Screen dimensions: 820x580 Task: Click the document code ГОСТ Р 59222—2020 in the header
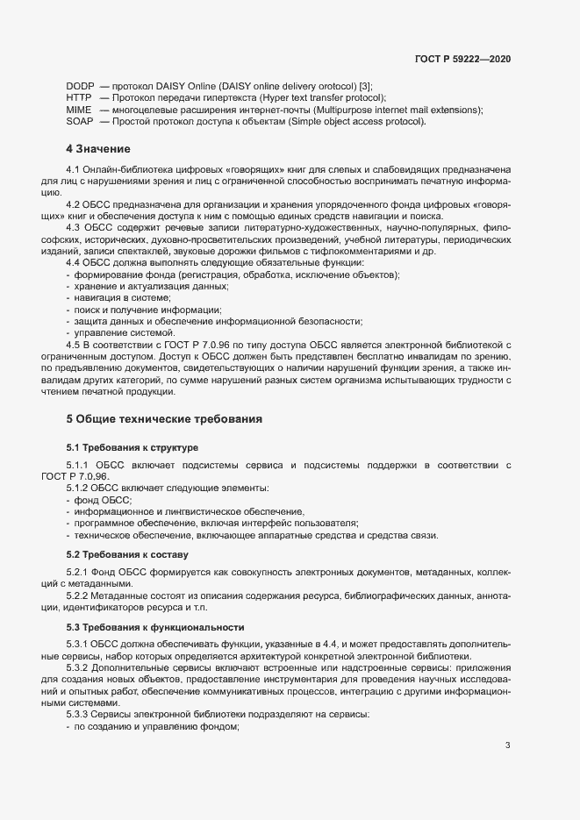coord(462,59)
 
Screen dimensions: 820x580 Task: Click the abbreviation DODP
coord(80,85)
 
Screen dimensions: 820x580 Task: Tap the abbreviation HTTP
coord(79,97)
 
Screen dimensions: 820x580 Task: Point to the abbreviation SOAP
coord(80,122)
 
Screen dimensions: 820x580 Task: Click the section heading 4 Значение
coord(98,148)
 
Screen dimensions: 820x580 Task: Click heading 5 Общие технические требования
coord(164,419)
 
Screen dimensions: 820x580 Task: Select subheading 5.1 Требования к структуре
coord(132,447)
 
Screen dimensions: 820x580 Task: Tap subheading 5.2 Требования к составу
coord(126,555)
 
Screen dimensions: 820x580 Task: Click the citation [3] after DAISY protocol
coord(364,85)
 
